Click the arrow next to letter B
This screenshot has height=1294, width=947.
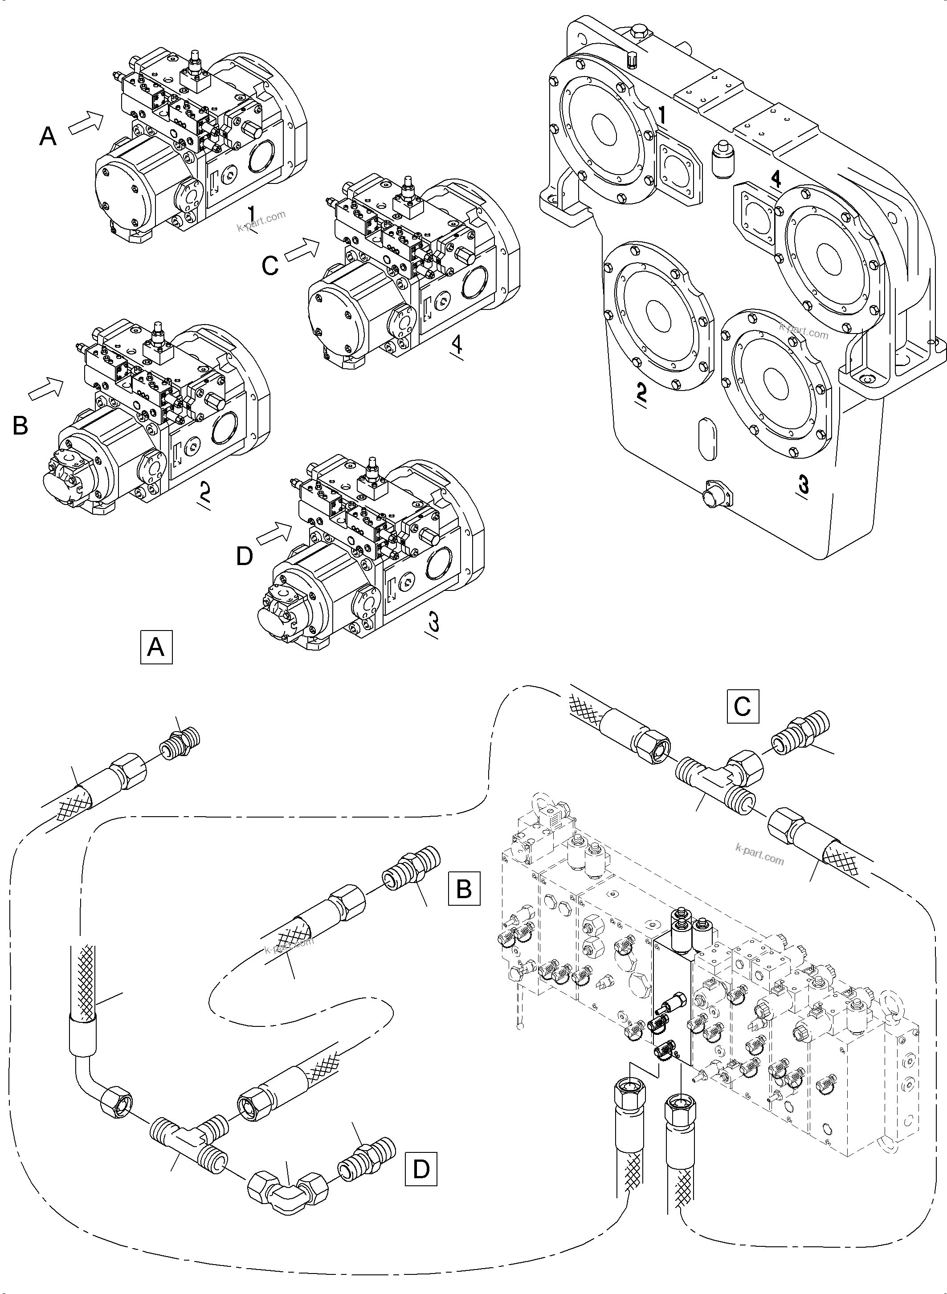pyautogui.click(x=46, y=388)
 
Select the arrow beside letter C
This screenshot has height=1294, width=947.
pyautogui.click(x=302, y=250)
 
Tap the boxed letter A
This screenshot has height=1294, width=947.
pyautogui.click(x=156, y=647)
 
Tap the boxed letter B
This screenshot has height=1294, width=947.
pyautogui.click(x=464, y=888)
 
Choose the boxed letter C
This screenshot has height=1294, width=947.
pyautogui.click(x=743, y=707)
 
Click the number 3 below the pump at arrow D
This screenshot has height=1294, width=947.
pyautogui.click(x=433, y=621)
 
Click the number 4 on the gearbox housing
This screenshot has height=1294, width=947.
pyautogui.click(x=775, y=179)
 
